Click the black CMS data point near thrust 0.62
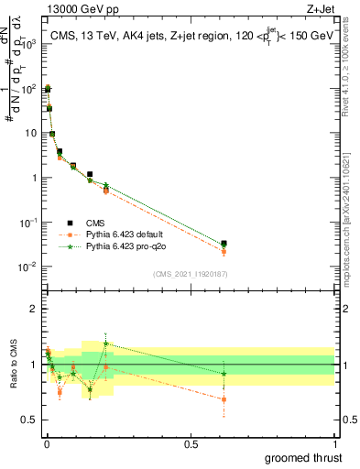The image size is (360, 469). point(224,244)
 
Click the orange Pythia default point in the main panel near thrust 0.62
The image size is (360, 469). point(224,251)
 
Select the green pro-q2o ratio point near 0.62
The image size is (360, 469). point(224,373)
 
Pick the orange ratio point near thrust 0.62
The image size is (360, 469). point(224,399)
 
